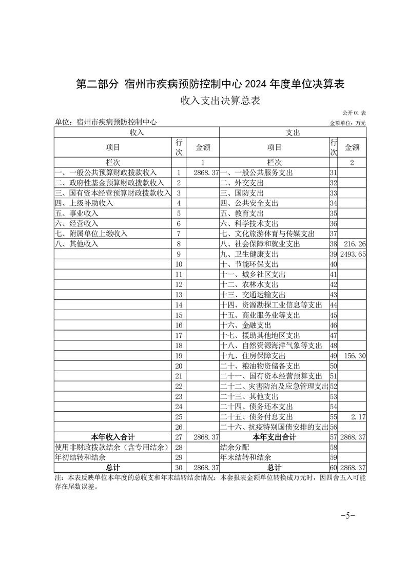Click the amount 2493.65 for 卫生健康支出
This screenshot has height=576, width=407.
pos(352,254)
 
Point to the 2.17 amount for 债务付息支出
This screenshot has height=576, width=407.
pos(357,416)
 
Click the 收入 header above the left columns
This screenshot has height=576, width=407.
pos(137,132)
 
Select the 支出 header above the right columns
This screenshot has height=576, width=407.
pos(293,132)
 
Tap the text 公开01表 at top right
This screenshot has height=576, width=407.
pos(354,113)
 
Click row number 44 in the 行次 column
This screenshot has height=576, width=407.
pos(333,305)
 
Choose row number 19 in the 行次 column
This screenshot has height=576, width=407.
pos(179,355)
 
